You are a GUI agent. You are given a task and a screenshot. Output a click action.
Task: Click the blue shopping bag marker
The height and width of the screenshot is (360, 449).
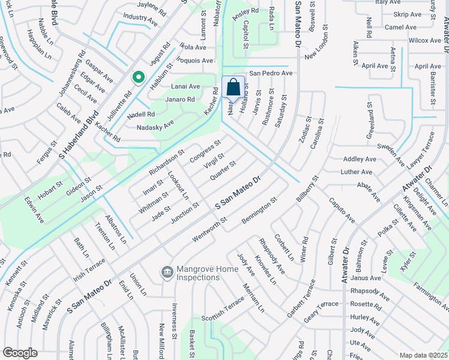click(x=234, y=87)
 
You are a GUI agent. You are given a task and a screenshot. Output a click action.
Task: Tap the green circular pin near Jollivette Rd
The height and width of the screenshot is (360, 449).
click(x=138, y=78)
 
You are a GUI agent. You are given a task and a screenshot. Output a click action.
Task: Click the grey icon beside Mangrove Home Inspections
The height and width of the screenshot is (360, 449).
click(x=167, y=273)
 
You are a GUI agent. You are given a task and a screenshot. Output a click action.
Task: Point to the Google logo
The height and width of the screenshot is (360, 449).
click(x=20, y=352)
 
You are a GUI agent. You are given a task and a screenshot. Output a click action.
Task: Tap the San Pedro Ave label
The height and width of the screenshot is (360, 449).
click(x=271, y=73)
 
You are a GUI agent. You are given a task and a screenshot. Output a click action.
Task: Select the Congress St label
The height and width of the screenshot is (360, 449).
click(x=205, y=151)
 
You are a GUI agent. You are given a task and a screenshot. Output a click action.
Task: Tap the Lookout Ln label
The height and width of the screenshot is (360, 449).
click(x=178, y=186)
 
